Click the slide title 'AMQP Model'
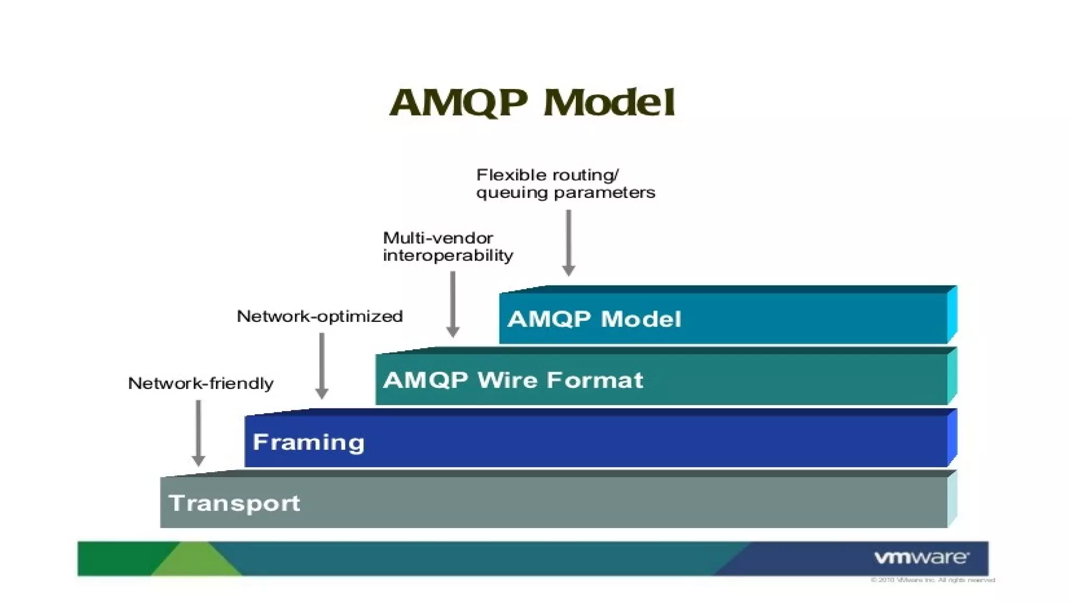click(532, 102)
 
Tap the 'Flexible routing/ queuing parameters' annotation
click(565, 184)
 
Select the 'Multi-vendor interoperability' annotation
click(448, 247)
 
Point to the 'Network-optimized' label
click(320, 316)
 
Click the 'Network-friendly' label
click(201, 383)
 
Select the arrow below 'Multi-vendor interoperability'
click(453, 304)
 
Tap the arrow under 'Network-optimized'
click(322, 365)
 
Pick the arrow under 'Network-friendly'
click(198, 432)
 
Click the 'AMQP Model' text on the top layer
click(594, 319)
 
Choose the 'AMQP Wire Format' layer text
click(513, 380)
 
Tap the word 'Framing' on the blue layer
click(309, 442)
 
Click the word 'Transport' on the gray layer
click(234, 503)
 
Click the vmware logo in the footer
click(921, 557)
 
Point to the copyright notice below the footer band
click(932, 580)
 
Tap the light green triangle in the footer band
click(196, 561)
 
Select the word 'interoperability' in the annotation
click(448, 255)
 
